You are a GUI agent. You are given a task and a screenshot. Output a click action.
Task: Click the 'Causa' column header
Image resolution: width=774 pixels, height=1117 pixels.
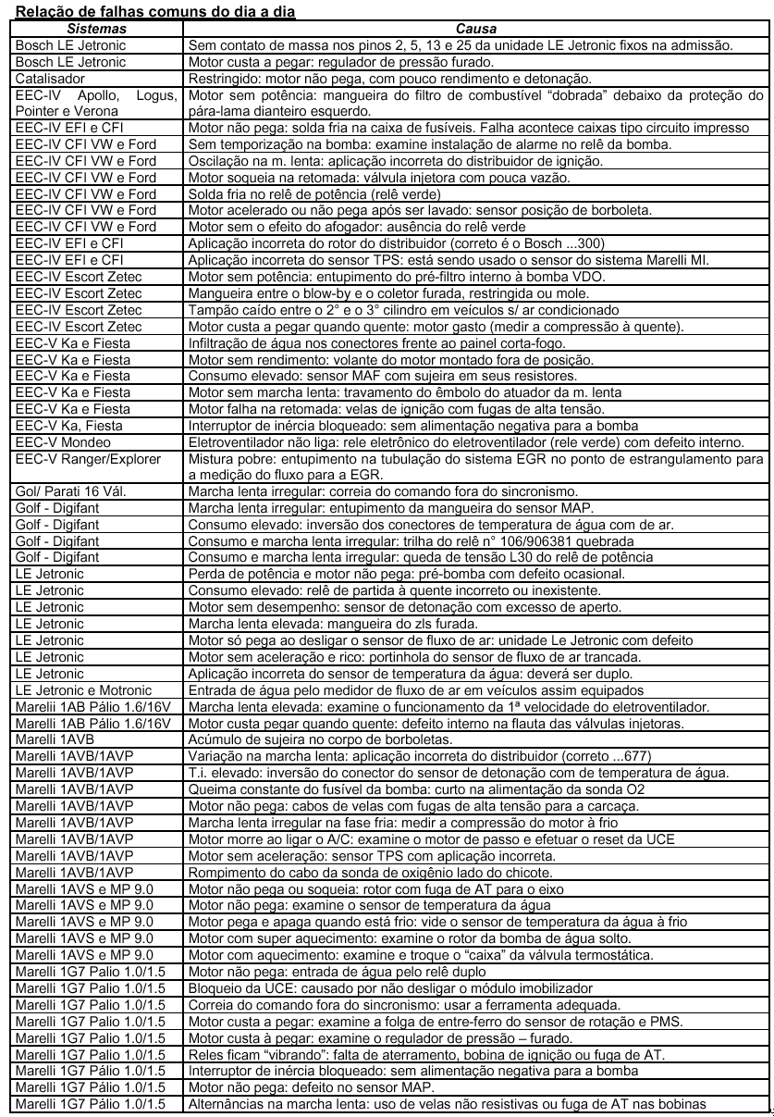tap(478, 30)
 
